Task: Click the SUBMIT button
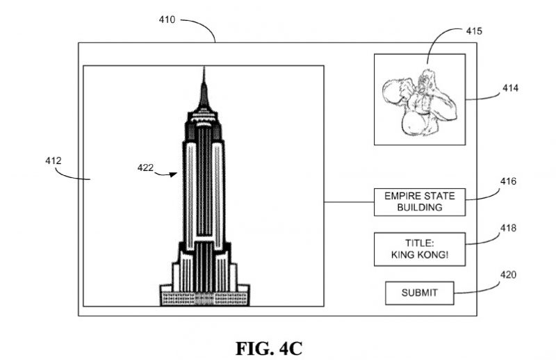(x=419, y=293)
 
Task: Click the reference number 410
(x=167, y=20)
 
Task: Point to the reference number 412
(x=54, y=161)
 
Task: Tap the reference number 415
(x=475, y=31)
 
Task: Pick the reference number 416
(x=508, y=182)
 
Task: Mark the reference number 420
(x=508, y=275)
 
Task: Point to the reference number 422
(x=145, y=167)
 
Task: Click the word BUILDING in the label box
(x=419, y=207)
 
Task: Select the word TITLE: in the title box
(x=419, y=243)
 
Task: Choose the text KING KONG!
(x=419, y=255)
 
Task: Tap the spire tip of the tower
(x=204, y=69)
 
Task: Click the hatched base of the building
(x=204, y=298)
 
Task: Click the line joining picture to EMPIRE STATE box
(x=349, y=202)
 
